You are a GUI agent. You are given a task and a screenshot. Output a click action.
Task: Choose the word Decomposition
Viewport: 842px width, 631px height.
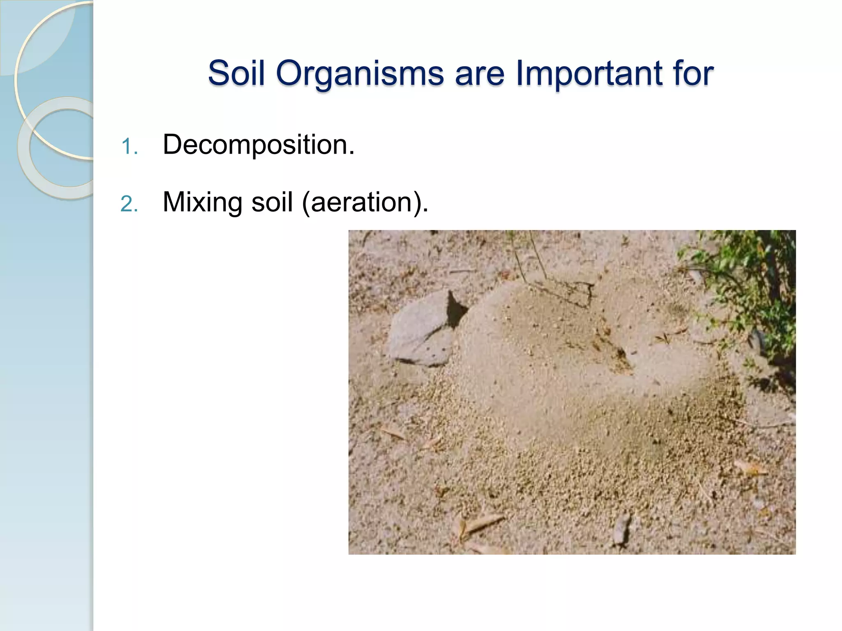coord(258,145)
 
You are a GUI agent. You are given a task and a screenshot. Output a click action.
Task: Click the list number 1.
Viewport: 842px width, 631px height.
coord(129,147)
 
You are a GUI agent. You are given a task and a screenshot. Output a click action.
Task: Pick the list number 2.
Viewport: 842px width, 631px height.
coord(129,204)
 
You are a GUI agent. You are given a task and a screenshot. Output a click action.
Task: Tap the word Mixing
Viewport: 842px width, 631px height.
coord(202,203)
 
